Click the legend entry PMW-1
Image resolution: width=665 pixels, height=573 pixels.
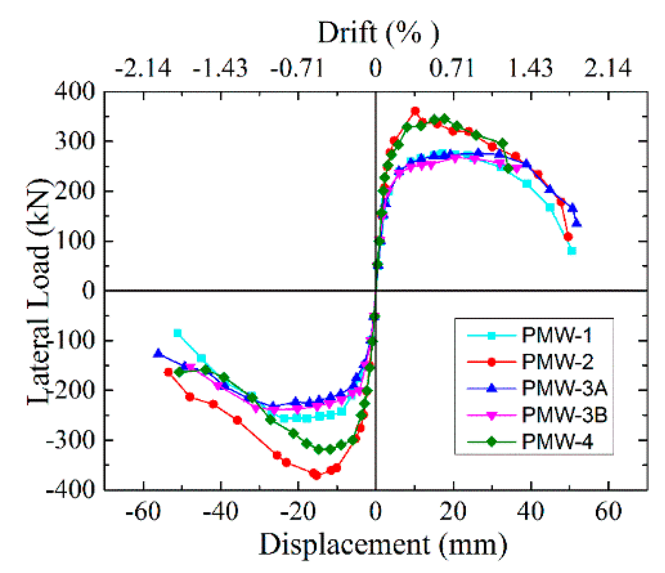tap(557, 335)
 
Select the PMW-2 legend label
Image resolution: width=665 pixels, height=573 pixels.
tap(557, 362)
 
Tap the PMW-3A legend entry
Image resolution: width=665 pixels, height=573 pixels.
tap(564, 388)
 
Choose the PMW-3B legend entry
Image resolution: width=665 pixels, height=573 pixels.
tap(564, 415)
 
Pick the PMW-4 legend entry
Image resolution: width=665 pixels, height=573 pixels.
tap(557, 442)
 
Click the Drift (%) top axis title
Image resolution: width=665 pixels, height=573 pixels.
tap(378, 33)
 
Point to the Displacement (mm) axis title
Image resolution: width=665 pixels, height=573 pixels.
tap(383, 545)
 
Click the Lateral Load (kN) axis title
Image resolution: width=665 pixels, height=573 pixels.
tap(38, 291)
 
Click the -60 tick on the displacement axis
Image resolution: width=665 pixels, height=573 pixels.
tap(143, 512)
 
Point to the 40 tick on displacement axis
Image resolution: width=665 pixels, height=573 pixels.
tap(530, 512)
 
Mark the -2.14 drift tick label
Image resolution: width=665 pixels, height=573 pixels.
tap(143, 68)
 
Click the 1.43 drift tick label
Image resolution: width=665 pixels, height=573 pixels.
tap(530, 68)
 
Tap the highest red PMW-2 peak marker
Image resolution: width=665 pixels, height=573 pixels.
tap(415, 111)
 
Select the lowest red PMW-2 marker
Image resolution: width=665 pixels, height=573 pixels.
tap(315, 475)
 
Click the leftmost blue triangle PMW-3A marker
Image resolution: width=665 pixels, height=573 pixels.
tap(158, 353)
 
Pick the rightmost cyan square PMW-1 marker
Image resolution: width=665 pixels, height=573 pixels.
tap(572, 251)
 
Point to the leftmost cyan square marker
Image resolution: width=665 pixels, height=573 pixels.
tap(178, 333)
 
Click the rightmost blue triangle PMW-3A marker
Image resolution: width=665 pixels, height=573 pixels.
tap(577, 223)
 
